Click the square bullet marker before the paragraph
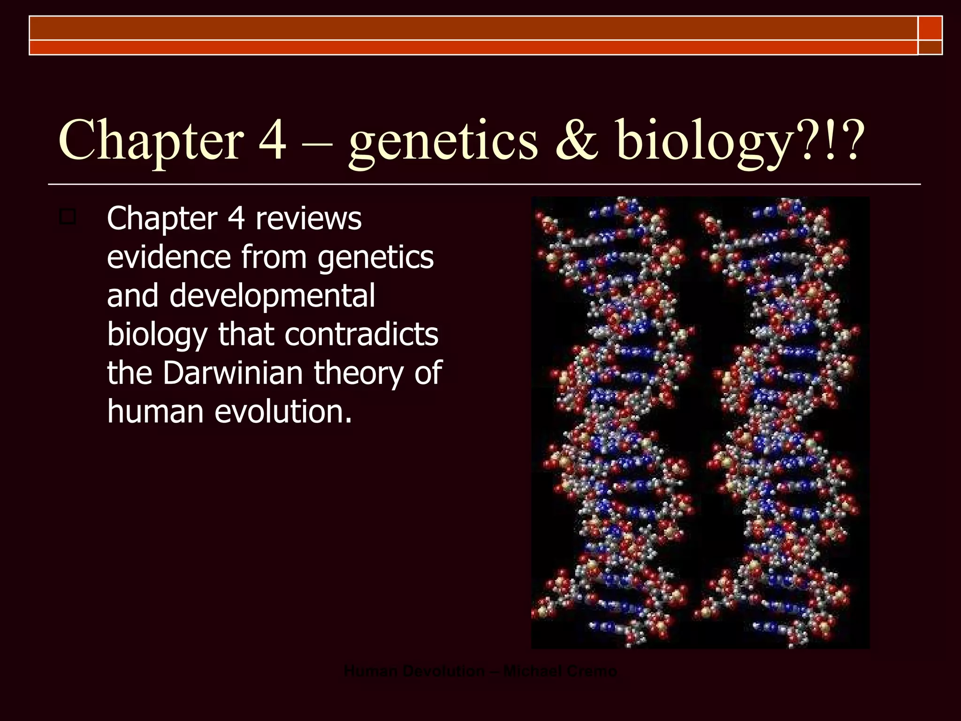pyautogui.click(x=68, y=217)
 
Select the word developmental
pyautogui.click(x=272, y=297)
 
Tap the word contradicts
pyautogui.click(x=361, y=334)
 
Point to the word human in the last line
pyautogui.click(x=155, y=411)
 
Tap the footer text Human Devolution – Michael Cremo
pyautogui.click(x=480, y=671)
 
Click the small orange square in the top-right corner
pyautogui.click(x=930, y=28)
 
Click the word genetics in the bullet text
pyautogui.click(x=375, y=258)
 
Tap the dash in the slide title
pyautogui.click(x=317, y=141)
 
